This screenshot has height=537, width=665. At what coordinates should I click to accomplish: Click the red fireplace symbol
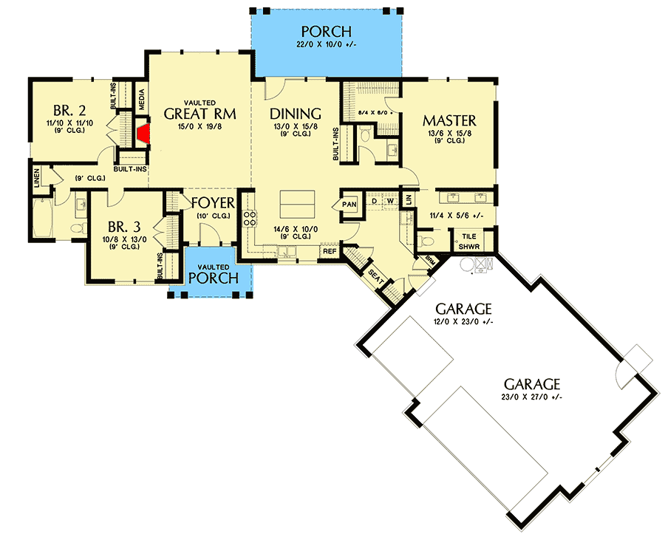point(143,133)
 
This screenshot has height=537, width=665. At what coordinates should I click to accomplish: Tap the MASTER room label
point(449,120)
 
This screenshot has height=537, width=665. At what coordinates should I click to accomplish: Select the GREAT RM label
point(199,114)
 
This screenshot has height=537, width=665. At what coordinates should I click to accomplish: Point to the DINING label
point(295,114)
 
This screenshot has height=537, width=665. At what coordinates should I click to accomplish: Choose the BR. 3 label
point(119,226)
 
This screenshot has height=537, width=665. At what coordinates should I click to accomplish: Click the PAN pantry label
point(349,204)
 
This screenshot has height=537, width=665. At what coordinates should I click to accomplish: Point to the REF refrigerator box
point(329,252)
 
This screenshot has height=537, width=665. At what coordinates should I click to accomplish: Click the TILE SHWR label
point(469,241)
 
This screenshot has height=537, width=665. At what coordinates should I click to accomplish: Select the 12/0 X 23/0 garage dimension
point(463,321)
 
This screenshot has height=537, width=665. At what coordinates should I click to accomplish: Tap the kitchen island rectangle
point(296,200)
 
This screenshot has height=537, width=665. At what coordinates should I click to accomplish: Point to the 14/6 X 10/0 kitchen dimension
point(295,229)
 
